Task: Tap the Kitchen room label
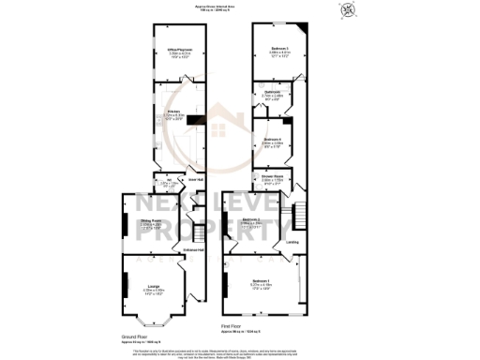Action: [x=173, y=111]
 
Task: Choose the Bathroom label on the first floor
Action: [x=271, y=91]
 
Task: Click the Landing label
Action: [x=292, y=242]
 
